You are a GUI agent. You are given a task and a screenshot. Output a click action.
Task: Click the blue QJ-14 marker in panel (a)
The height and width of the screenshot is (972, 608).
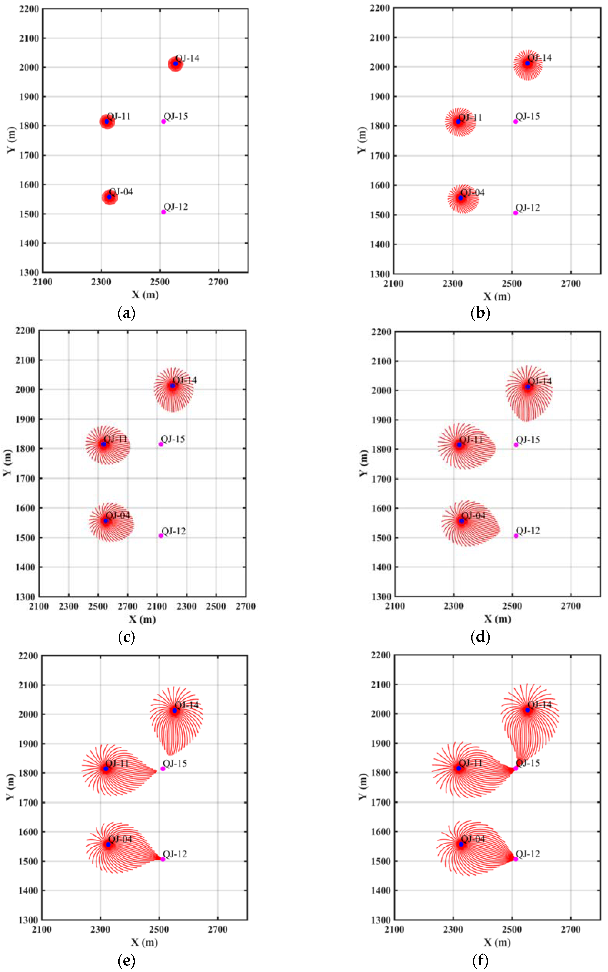coord(175,63)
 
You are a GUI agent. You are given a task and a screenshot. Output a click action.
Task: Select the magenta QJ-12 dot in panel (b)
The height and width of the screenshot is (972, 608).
coord(516,213)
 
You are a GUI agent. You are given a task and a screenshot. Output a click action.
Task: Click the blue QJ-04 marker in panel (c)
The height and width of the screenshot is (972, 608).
coord(106,520)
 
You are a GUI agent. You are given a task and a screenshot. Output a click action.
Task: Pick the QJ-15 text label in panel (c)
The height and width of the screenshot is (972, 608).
coord(173,439)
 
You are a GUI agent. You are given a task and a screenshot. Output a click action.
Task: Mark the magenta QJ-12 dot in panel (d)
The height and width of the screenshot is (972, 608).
coord(516,536)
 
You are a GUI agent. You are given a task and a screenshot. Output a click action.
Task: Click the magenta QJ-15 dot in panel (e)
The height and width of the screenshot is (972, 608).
coord(163,769)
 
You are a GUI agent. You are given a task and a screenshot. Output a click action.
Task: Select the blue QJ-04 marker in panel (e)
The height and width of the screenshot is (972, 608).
coord(108,844)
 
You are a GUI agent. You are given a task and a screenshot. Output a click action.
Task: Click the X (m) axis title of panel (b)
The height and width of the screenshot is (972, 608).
coord(497,296)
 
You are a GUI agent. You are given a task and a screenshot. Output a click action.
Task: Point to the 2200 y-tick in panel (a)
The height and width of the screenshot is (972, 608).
coord(29,9)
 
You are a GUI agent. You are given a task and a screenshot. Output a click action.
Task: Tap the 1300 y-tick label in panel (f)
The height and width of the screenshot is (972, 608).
coord(380,920)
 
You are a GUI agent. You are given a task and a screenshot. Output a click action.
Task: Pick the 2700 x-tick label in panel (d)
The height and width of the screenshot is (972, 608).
coord(571,606)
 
